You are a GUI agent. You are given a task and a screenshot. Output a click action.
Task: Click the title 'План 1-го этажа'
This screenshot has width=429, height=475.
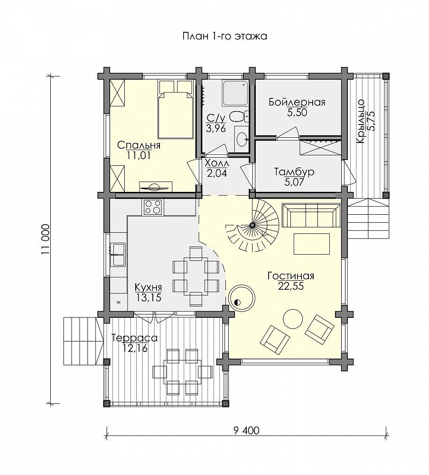click(224, 37)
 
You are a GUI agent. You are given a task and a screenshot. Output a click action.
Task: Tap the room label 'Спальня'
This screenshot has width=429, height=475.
click(139, 145)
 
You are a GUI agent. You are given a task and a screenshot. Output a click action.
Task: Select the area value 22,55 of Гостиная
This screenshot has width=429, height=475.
click(290, 286)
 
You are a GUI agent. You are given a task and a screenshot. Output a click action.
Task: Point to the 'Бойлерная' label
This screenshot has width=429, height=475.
click(297, 102)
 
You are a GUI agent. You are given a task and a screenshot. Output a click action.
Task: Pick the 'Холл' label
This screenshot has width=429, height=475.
click(217, 163)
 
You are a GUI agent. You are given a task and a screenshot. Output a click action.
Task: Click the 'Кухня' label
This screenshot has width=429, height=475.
click(149, 287)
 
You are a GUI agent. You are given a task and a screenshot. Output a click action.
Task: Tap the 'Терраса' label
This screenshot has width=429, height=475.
click(135, 338)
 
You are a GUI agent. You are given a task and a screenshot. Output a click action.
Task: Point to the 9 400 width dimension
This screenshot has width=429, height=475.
click(246, 430)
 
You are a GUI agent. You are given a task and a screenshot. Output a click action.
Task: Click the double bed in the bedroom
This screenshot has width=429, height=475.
click(176, 109)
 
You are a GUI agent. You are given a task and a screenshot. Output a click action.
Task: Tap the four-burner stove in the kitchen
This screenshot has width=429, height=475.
click(153, 208)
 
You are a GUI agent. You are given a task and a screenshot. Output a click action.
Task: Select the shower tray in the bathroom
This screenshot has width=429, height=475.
click(235, 93)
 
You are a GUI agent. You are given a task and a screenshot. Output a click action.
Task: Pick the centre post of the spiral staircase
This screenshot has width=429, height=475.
click(252, 225)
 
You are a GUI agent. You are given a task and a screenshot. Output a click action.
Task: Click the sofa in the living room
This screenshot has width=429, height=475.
click(311, 215)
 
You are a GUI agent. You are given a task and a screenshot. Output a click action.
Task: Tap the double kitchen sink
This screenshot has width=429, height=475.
click(118, 255)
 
